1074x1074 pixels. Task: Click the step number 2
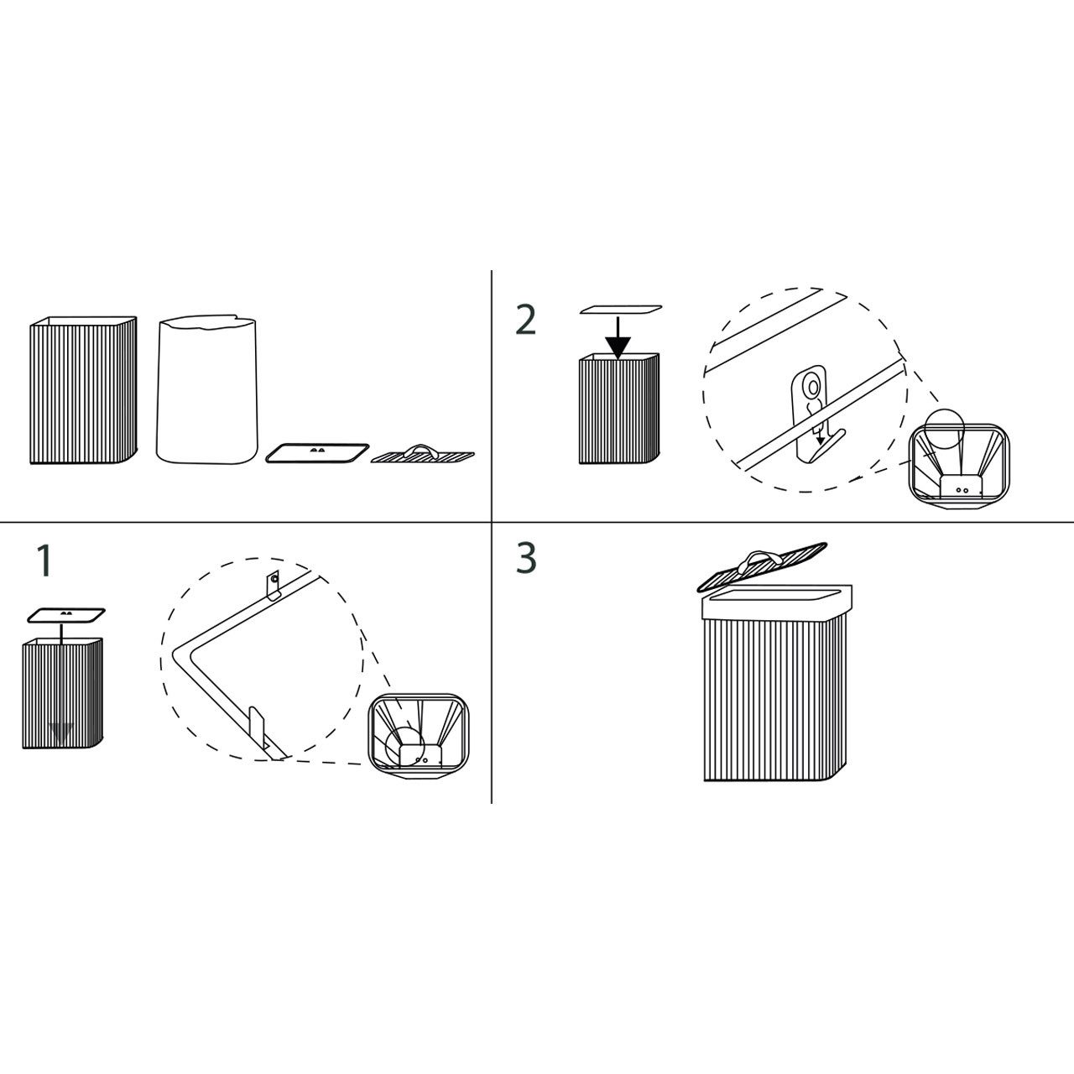525,319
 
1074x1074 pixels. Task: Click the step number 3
526,558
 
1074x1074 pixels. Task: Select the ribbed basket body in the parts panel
83,389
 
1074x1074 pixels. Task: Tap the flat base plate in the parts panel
317,452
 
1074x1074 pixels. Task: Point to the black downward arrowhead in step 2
618,347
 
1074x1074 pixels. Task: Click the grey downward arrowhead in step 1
60,731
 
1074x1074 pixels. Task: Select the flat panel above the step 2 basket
621,309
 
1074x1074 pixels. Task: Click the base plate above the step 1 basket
66,615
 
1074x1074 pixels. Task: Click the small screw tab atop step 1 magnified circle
273,586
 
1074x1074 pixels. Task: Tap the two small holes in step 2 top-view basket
962,489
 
